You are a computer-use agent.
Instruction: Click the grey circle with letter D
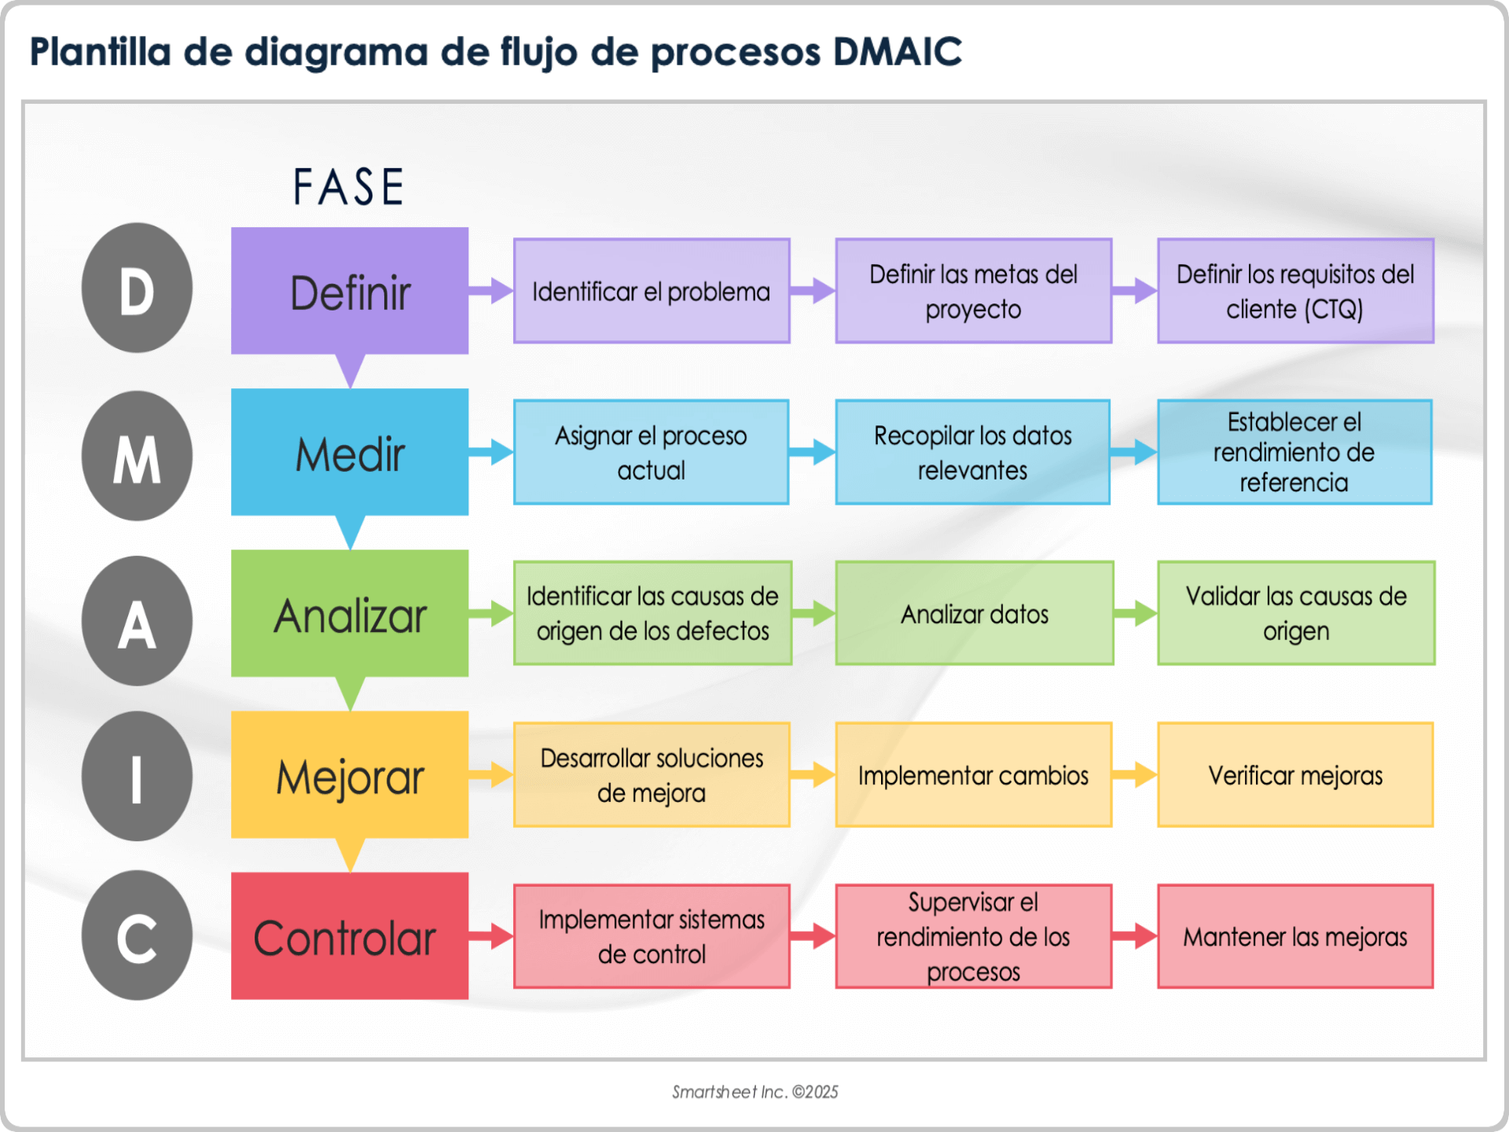[137, 288]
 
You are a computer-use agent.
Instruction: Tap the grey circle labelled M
[137, 456]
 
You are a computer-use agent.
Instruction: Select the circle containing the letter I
[137, 777]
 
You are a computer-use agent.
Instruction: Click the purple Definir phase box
[350, 291]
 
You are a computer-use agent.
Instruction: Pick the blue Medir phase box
[350, 452]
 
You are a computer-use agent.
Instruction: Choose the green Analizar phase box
[350, 613]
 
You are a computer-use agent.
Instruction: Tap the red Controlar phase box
[350, 935]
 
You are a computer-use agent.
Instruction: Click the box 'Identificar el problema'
[652, 291]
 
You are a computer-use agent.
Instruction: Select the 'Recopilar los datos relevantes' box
[973, 452]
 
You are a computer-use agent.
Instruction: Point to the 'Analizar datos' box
[975, 613]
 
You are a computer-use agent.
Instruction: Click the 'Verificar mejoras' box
[1295, 775]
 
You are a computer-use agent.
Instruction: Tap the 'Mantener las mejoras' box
[1295, 936]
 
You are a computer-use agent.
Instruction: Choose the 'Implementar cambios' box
[973, 775]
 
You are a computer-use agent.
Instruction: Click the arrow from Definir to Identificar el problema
[491, 291]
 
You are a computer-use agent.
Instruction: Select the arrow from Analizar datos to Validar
[1136, 613]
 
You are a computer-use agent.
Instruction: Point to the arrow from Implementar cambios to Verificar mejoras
[1135, 775]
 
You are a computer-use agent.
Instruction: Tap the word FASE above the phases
[349, 187]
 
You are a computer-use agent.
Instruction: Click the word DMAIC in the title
[898, 52]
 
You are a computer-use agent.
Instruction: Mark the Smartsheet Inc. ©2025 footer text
[754, 1092]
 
